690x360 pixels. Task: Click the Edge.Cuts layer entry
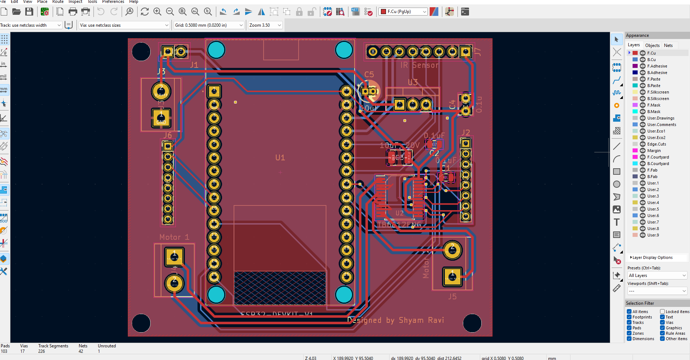(656, 144)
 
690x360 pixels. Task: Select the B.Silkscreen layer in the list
(658, 99)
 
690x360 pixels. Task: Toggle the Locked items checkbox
(663, 312)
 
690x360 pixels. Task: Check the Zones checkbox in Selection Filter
(629, 333)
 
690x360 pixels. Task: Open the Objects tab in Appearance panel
(652, 45)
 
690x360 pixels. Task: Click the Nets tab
(668, 45)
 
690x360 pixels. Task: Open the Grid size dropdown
(209, 25)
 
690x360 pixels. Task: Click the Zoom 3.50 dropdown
(265, 25)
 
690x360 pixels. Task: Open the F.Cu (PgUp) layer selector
(403, 12)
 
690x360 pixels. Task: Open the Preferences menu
(113, 2)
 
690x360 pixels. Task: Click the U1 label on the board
(280, 158)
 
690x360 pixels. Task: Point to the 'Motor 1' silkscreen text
(174, 237)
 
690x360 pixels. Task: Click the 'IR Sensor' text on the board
(420, 65)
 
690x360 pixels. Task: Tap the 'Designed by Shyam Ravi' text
(395, 320)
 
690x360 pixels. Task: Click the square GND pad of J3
(161, 118)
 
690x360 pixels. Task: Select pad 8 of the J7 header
(373, 52)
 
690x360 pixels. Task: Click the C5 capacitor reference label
(369, 74)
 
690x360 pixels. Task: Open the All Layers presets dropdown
(657, 276)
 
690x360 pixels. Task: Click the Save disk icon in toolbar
(29, 12)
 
